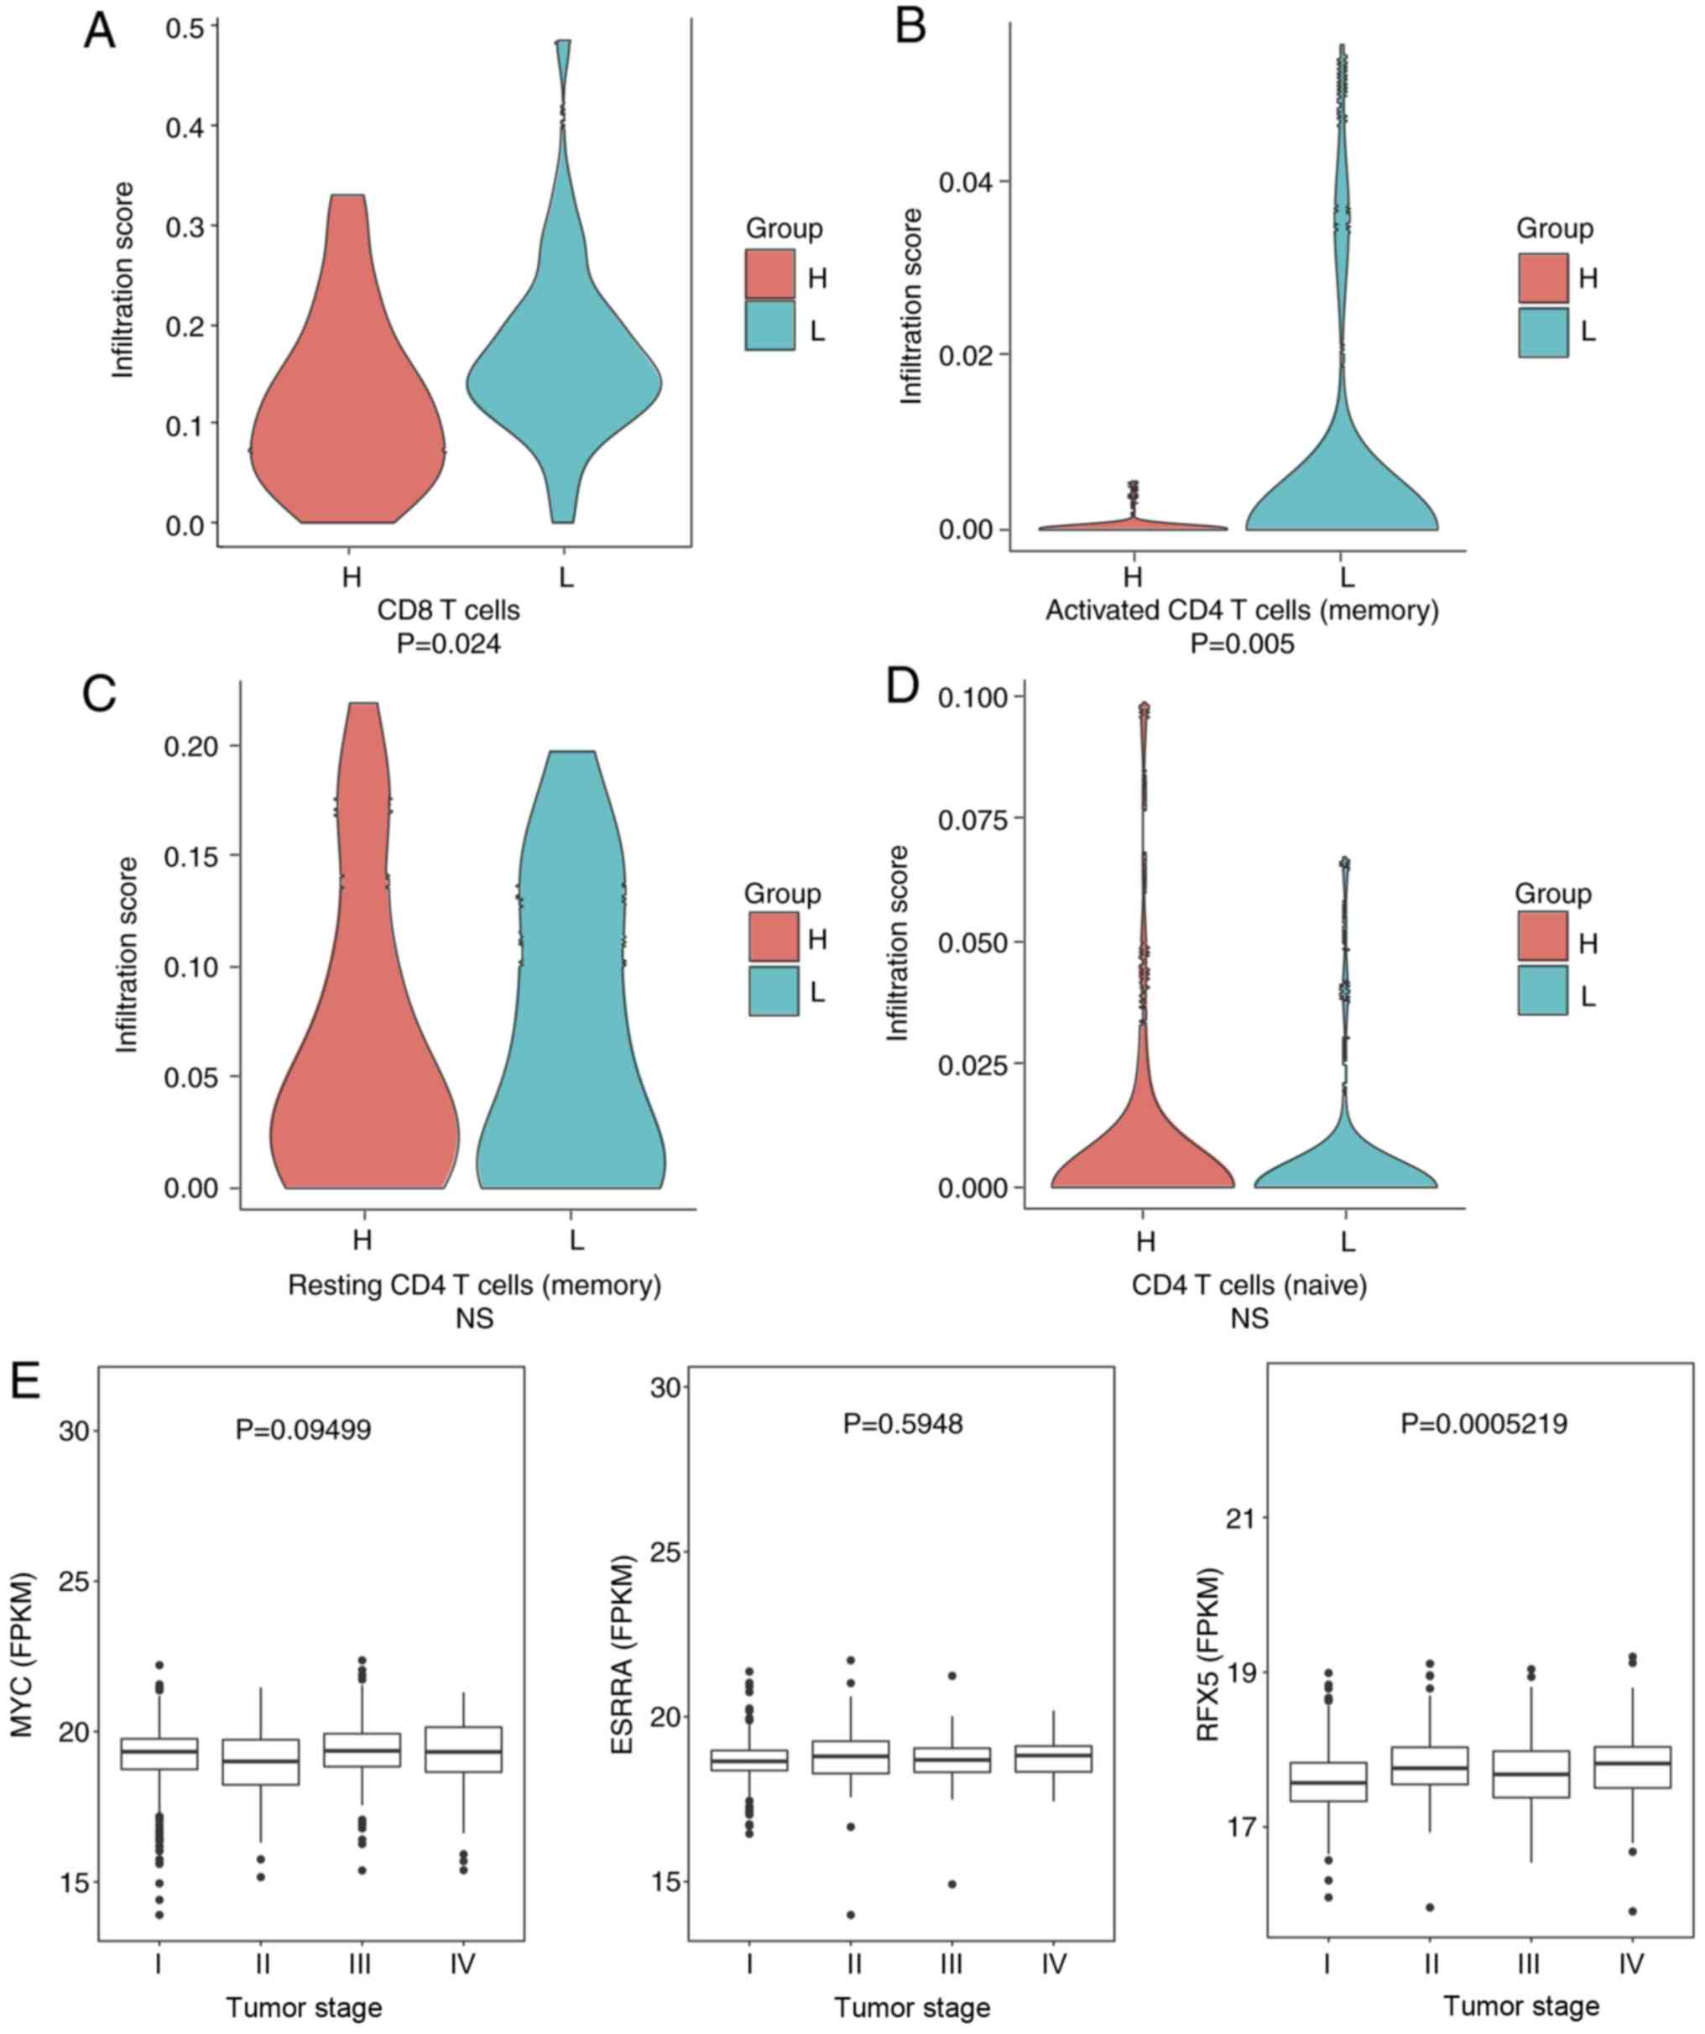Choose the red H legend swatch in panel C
click(773, 936)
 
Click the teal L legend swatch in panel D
click(1542, 990)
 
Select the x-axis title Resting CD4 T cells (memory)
click(475, 1286)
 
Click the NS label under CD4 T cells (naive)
click(1249, 1318)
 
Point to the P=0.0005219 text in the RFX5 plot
click(1483, 1423)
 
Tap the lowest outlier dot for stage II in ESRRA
click(852, 1915)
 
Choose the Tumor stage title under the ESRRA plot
click(911, 2008)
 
